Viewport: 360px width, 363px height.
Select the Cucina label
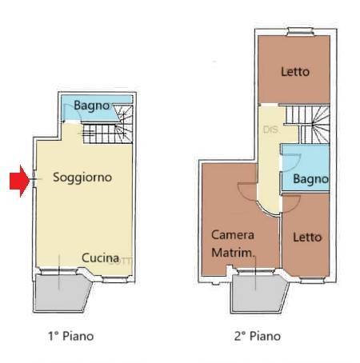coord(101,258)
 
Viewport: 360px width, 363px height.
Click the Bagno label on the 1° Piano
coord(92,106)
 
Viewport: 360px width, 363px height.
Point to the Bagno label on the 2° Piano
coord(310,180)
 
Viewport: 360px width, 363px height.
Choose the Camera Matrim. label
coord(233,244)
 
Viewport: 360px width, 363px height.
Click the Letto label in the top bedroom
coord(295,72)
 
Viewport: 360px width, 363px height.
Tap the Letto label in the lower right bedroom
coord(306,237)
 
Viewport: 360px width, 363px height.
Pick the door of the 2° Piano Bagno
coord(290,160)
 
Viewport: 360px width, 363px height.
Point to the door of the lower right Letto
coord(291,201)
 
